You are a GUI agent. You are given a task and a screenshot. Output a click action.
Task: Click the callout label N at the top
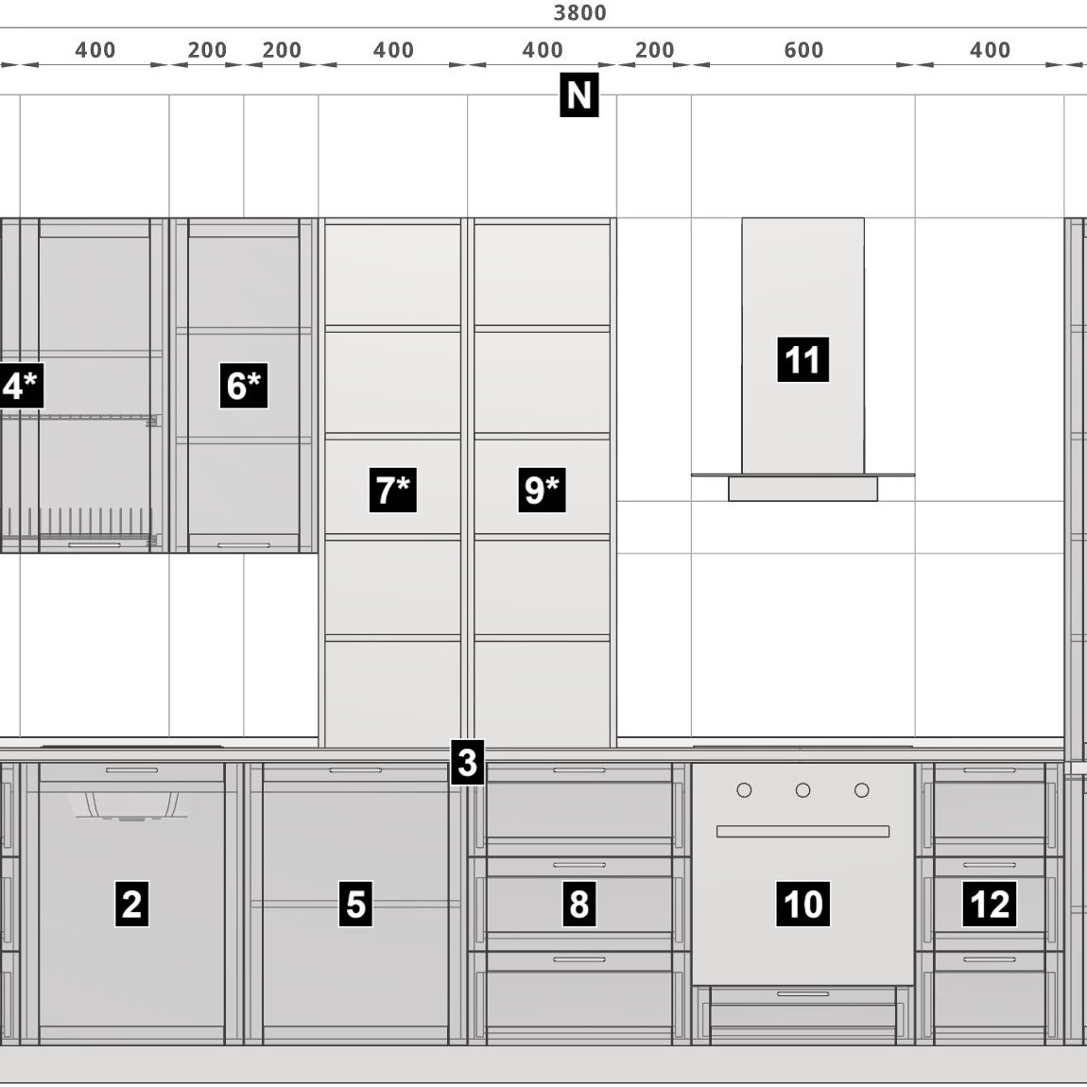(578, 95)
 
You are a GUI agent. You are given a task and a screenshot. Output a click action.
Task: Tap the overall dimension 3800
(580, 12)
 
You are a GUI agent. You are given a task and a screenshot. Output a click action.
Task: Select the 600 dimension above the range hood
(803, 50)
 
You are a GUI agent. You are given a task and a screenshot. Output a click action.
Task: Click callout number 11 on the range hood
(802, 360)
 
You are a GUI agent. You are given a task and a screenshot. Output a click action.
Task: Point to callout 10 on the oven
(802, 904)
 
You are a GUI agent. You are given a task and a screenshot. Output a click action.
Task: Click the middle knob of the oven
(802, 790)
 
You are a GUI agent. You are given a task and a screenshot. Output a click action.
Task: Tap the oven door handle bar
(802, 831)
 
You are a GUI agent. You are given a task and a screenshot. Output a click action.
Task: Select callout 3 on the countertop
(467, 763)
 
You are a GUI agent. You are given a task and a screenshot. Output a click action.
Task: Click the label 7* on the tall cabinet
(393, 491)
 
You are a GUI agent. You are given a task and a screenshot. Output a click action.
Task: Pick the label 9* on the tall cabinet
(543, 491)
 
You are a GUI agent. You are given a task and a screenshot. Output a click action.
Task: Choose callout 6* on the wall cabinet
(243, 386)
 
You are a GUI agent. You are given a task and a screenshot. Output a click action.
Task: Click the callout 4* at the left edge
(21, 386)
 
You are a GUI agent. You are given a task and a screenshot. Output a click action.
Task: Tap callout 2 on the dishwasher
(131, 904)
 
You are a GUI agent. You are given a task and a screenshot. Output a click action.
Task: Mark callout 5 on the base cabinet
(355, 904)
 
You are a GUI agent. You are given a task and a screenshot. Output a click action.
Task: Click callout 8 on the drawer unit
(578, 904)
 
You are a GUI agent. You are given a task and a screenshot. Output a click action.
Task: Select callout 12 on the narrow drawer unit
(990, 904)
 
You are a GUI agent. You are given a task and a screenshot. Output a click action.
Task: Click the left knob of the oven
(744, 790)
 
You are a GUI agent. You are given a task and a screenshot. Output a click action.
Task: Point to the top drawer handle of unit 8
(578, 770)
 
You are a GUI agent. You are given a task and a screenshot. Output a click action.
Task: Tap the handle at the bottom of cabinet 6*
(243, 545)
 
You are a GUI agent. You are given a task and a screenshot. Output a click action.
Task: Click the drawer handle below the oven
(802, 994)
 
